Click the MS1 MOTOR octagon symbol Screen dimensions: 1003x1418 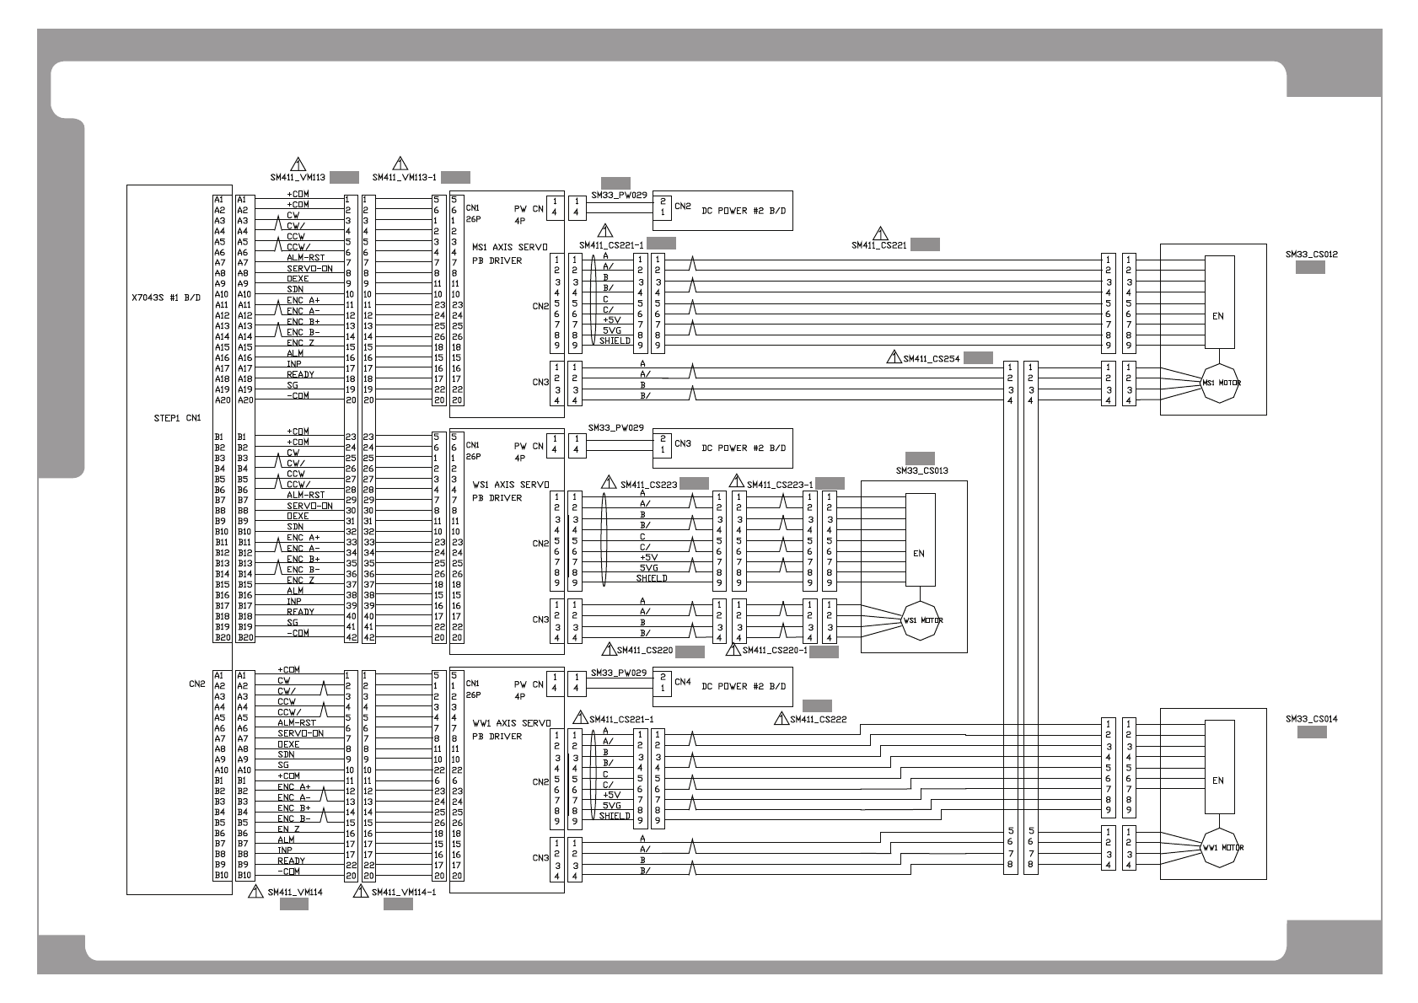[x=1220, y=383]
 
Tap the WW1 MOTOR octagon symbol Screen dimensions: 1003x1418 [x=1222, y=848]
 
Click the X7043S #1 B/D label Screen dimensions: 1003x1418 [x=166, y=298]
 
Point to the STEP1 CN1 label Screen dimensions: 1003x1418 [x=177, y=417]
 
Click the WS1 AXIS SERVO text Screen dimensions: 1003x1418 [x=510, y=485]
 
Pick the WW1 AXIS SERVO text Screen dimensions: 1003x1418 [x=510, y=723]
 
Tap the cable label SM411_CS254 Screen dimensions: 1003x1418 [x=931, y=358]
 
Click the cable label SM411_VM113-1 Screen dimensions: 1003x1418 [x=404, y=178]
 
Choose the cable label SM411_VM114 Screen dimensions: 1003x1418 [x=294, y=892]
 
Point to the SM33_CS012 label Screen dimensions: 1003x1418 [x=1311, y=254]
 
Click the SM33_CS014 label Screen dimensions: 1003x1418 [x=1311, y=719]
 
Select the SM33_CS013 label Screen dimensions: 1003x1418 [x=921, y=470]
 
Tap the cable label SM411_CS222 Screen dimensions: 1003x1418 [x=818, y=719]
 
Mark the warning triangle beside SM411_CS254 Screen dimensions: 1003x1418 [x=894, y=357]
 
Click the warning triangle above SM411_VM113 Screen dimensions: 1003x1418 [x=297, y=164]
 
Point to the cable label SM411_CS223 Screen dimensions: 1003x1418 [x=648, y=485]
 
